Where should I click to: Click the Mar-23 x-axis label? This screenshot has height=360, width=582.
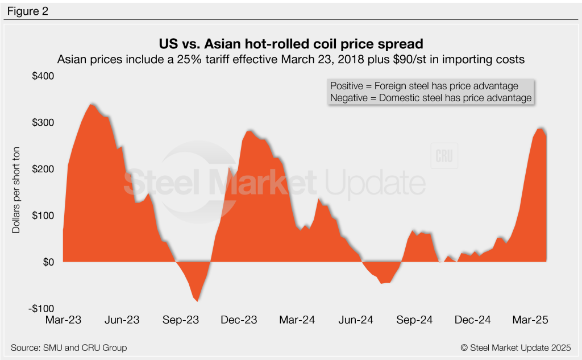click(63, 320)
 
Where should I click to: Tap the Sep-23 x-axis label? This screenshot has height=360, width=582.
click(180, 320)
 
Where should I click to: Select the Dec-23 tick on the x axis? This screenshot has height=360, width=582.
click(239, 320)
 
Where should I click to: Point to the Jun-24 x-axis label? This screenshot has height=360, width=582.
click(357, 320)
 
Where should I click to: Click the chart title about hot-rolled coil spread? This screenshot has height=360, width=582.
click(291, 44)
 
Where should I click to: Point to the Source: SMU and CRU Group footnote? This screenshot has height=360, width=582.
click(69, 347)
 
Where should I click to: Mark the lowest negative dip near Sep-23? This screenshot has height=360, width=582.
click(197, 300)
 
